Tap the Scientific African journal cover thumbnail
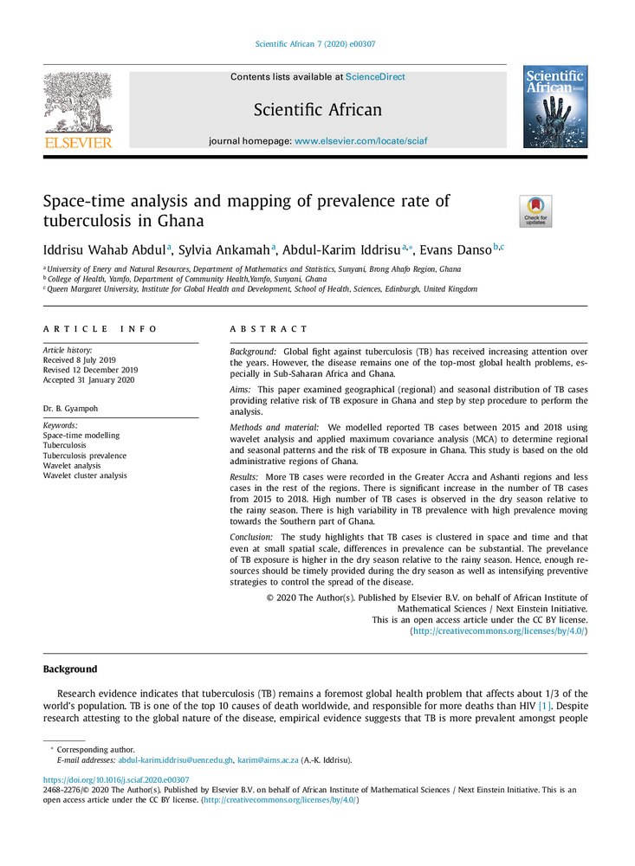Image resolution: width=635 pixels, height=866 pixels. [555, 107]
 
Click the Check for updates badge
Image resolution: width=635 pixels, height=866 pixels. [535, 211]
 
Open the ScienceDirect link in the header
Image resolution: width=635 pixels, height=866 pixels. [375, 77]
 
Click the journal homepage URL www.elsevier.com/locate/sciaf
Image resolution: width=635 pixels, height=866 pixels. [360, 140]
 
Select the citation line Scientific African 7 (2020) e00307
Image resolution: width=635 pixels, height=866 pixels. [317, 43]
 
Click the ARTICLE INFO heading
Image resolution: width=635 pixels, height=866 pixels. [100, 329]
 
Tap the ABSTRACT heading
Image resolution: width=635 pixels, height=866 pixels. [269, 329]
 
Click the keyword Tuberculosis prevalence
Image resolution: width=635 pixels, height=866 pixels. [84, 456]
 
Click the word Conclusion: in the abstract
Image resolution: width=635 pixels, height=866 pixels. [252, 538]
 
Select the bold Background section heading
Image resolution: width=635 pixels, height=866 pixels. [70, 669]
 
